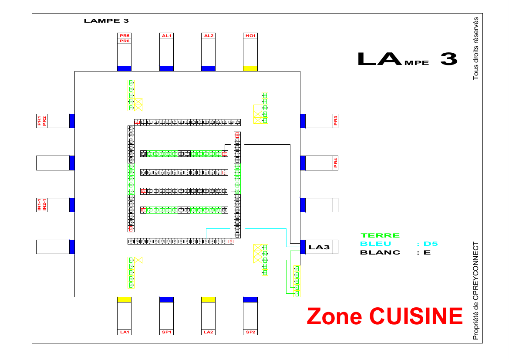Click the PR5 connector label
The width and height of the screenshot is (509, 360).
coord(125,36)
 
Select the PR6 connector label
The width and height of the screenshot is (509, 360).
coord(125,41)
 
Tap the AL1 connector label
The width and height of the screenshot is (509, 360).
coord(166,36)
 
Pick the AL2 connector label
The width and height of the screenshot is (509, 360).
coord(208,36)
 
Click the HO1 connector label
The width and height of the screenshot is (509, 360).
coord(250,36)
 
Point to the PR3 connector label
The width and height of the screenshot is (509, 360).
coord(336,121)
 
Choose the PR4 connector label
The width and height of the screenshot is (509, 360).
coord(336,163)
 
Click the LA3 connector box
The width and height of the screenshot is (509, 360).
coord(319,247)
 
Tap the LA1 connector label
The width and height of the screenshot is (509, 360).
coord(125,332)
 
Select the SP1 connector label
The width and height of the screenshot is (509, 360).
coord(166,332)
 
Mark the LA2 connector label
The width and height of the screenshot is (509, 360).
coord(208,332)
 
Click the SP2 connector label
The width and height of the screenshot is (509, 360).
coord(250,332)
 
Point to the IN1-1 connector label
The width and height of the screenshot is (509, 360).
coord(39,205)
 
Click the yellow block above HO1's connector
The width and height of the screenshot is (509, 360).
coord(250,68)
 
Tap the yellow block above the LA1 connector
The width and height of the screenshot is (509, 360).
coord(125,299)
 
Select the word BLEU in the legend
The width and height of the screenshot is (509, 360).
coord(375,244)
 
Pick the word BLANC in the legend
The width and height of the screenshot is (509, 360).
coord(380,252)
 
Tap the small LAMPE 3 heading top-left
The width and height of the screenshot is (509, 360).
coord(106,20)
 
